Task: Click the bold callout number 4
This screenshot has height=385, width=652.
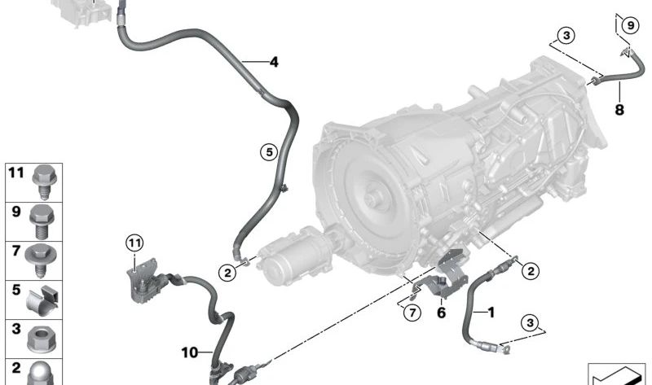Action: [x=273, y=61]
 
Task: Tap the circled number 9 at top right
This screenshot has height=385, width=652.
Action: [x=628, y=25]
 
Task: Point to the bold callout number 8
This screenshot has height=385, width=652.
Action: [x=619, y=110]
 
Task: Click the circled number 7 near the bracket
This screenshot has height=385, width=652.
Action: [x=412, y=311]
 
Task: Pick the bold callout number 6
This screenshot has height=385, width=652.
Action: [x=441, y=311]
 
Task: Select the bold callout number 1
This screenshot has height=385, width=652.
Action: [x=490, y=310]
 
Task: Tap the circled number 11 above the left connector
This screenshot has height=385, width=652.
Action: [x=134, y=241]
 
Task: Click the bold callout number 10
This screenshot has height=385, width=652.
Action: [x=189, y=352]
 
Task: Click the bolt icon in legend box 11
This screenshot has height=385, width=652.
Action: [x=43, y=180]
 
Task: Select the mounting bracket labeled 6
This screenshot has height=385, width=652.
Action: [x=444, y=275]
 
